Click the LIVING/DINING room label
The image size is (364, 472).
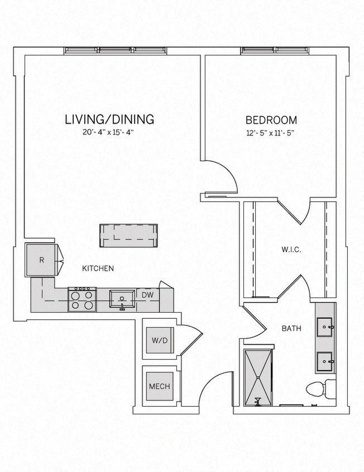coord(109,119)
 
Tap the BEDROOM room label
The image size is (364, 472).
coord(271,120)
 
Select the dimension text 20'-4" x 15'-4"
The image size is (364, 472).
coord(109,133)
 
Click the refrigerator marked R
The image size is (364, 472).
coord(41,260)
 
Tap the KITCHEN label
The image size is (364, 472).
coord(98,268)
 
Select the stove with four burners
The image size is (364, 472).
coord(82,299)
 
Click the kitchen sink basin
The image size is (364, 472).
coord(122,299)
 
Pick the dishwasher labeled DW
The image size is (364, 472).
coord(147,295)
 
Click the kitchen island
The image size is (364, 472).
coord(128,235)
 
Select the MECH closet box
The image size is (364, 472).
coord(159,386)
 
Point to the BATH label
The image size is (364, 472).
coord(291,329)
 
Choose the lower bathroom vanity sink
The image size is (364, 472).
coord(325,362)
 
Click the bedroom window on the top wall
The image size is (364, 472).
coord(275,51)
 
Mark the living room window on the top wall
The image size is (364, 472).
coord(116,51)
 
